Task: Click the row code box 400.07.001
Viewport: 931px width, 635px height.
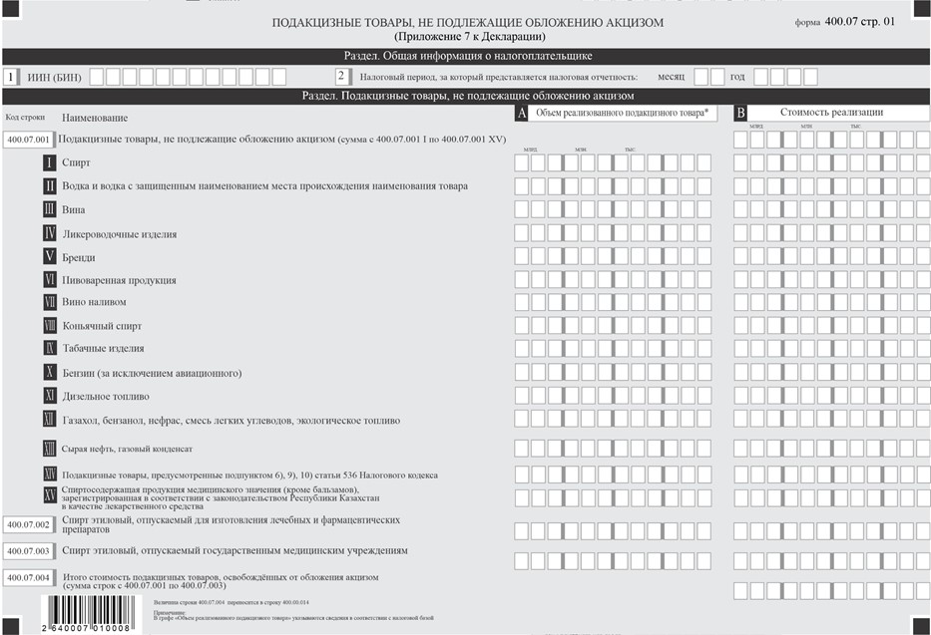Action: point(28,141)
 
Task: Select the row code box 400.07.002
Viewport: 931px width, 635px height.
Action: point(28,524)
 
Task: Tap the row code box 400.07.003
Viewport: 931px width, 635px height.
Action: point(28,550)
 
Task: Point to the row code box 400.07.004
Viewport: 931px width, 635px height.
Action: point(28,577)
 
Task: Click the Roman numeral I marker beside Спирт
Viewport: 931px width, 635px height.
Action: point(49,162)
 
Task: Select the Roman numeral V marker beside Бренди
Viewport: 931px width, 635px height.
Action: point(49,256)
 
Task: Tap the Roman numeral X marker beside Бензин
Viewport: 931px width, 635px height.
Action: point(49,373)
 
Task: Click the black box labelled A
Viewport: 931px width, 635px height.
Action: point(521,114)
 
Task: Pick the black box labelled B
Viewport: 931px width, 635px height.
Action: point(740,114)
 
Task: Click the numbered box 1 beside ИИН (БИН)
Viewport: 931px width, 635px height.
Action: point(10,76)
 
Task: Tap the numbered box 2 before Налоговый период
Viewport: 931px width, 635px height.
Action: point(342,76)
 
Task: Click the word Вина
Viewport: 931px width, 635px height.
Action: point(73,210)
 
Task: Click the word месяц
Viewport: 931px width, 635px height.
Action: point(671,77)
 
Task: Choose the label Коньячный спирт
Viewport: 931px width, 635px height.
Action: point(102,326)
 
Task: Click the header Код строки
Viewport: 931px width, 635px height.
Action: point(25,117)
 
